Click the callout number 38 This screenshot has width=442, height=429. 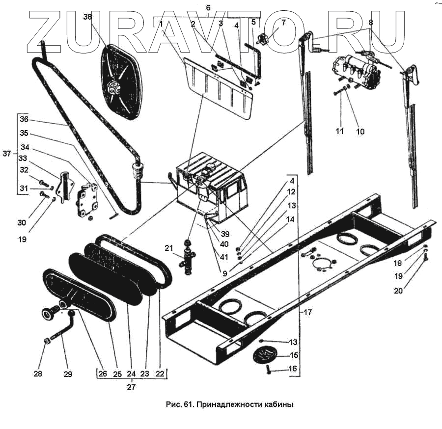(x=87, y=17)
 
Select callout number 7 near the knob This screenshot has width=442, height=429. (x=283, y=23)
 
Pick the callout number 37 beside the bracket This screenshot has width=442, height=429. (x=6, y=154)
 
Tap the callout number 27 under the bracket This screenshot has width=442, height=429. (x=131, y=387)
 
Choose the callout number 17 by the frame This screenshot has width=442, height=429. (x=307, y=311)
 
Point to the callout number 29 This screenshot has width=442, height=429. (x=68, y=374)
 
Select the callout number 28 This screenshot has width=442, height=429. (x=38, y=374)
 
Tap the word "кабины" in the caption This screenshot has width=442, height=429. (x=277, y=405)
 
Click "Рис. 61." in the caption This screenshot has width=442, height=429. (x=178, y=405)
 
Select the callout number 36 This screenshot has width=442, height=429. (x=24, y=119)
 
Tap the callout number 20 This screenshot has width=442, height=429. (x=398, y=291)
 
